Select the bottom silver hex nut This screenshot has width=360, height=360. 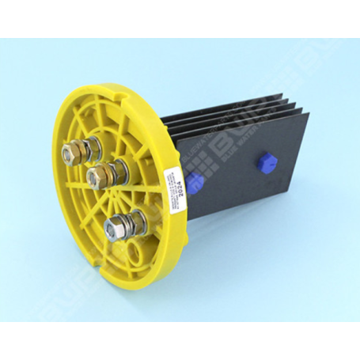click(115, 228)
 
